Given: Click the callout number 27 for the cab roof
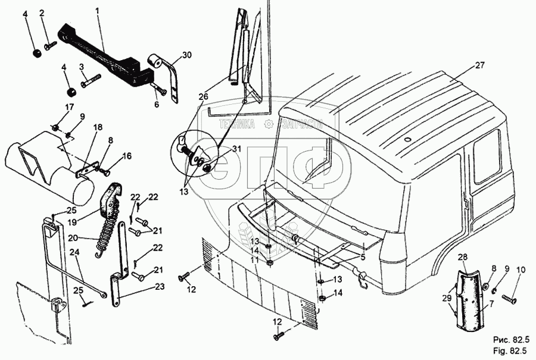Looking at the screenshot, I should click(481, 65).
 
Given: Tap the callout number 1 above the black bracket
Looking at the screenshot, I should click(98, 11).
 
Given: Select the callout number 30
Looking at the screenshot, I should click(187, 55).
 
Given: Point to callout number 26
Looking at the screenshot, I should click(204, 96).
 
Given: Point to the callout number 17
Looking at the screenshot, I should click(70, 107).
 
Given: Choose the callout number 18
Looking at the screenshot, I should click(98, 127).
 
